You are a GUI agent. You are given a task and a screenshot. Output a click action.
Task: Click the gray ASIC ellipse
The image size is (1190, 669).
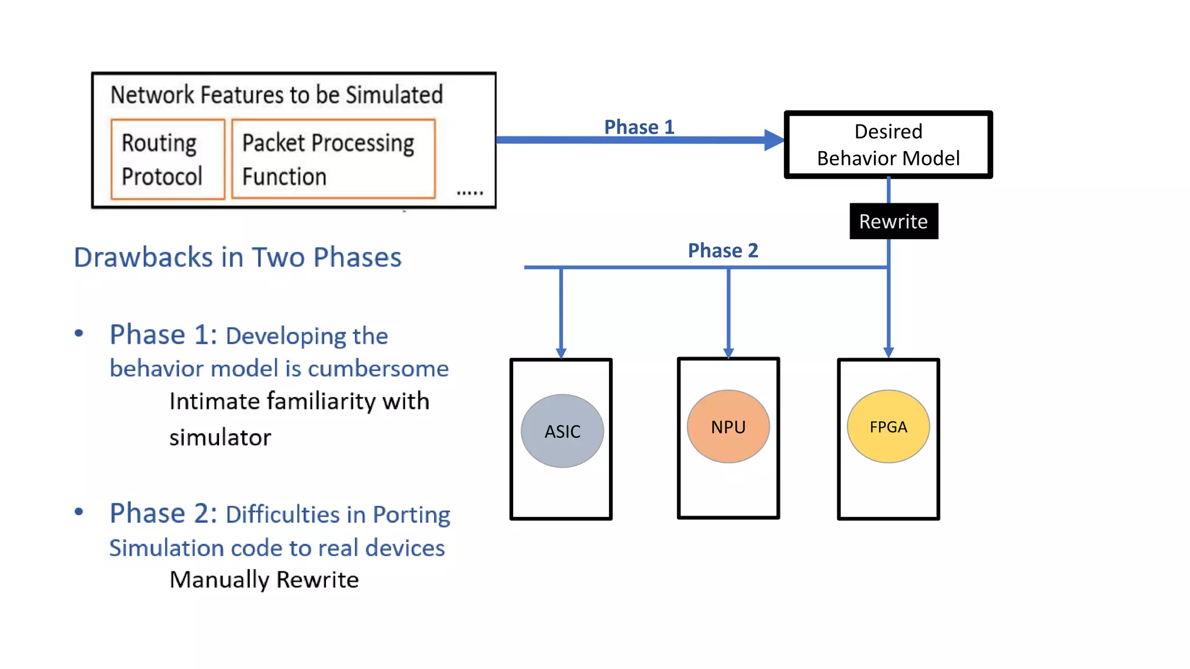(562, 431)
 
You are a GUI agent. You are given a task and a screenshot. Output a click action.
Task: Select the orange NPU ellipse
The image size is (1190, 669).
(728, 427)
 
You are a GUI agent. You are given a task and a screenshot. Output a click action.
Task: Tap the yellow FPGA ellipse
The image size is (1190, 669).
(888, 427)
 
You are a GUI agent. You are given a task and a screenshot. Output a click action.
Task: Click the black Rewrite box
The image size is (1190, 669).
(893, 221)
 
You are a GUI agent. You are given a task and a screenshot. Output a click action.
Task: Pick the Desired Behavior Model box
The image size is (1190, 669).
(888, 145)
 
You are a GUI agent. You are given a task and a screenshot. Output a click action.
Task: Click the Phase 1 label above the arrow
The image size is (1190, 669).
(639, 127)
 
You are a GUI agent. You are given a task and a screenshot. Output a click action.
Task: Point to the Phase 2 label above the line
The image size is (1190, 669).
(723, 250)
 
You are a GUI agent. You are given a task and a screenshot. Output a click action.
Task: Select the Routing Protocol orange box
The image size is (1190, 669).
(167, 159)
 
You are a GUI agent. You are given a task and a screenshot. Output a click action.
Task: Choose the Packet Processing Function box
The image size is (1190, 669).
(333, 159)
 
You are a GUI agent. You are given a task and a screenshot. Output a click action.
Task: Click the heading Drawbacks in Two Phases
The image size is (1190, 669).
(238, 257)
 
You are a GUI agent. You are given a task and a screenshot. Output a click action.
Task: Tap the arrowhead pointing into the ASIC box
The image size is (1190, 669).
(561, 353)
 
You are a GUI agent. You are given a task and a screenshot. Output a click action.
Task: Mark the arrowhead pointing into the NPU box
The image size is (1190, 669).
(728, 353)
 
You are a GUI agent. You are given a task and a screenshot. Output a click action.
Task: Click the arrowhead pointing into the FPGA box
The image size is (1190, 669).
(888, 353)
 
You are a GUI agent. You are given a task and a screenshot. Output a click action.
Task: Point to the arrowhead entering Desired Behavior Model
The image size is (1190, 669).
(774, 140)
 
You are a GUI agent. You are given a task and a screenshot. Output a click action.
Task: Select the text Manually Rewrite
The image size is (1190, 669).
(264, 580)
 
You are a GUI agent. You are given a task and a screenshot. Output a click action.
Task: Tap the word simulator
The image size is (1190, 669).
(220, 437)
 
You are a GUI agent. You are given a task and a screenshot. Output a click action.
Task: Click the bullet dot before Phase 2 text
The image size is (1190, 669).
(79, 512)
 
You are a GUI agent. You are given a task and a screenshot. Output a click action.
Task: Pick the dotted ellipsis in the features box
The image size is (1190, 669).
(469, 193)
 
